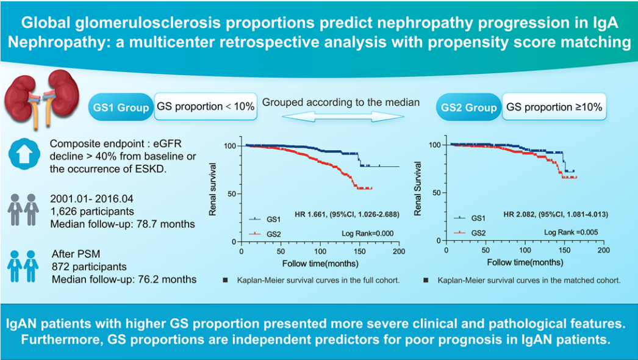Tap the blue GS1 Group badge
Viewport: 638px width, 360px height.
click(121, 107)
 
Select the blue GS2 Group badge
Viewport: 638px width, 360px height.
click(469, 108)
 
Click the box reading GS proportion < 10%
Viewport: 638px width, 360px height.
click(206, 106)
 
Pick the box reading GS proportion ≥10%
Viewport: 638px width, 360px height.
click(554, 107)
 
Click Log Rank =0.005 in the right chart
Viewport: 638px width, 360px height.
click(570, 232)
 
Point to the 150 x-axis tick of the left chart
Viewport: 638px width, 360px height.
click(359, 251)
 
